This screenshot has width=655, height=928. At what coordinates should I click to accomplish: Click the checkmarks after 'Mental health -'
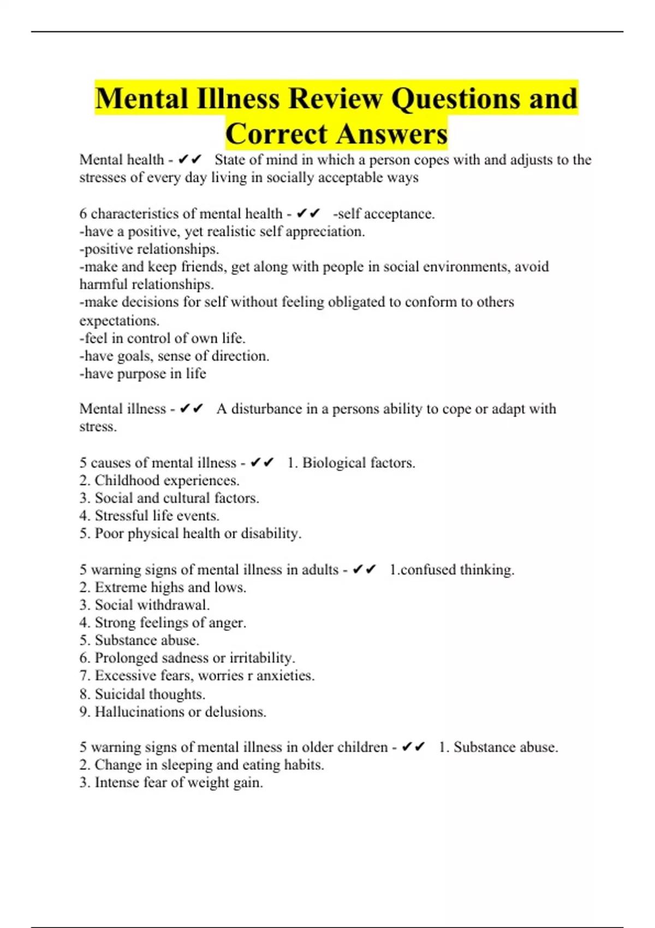(x=190, y=159)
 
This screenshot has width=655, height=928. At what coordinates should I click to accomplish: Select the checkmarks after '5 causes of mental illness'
(x=262, y=463)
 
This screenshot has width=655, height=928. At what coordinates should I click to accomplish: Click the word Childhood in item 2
(x=127, y=480)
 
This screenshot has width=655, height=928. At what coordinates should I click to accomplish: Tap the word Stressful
(x=125, y=516)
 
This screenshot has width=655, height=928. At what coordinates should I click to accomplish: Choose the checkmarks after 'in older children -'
(x=413, y=747)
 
